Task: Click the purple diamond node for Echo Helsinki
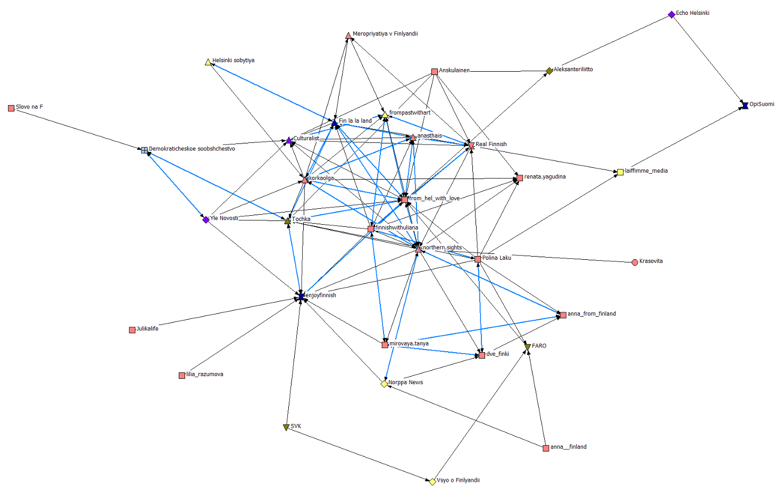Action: point(671,15)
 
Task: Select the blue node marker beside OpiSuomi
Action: point(745,105)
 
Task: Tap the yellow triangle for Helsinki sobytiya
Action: point(208,62)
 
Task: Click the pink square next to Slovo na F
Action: point(11,108)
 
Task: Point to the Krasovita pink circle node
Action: point(635,262)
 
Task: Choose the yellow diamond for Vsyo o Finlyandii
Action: point(432,481)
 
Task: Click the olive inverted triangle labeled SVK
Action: point(286,427)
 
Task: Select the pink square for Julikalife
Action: point(132,330)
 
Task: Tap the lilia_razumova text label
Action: point(205,375)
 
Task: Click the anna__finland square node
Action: point(546,448)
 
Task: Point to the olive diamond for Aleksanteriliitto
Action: point(549,71)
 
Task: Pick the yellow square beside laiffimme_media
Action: point(620,172)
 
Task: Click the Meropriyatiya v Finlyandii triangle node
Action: point(348,36)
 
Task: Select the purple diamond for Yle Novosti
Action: point(206,220)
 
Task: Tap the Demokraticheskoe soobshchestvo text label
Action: point(191,149)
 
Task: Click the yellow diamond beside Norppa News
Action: point(384,384)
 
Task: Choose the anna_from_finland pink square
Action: point(563,315)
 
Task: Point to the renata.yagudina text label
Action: point(545,177)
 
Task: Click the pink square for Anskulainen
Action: point(435,72)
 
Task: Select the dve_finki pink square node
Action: point(482,355)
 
